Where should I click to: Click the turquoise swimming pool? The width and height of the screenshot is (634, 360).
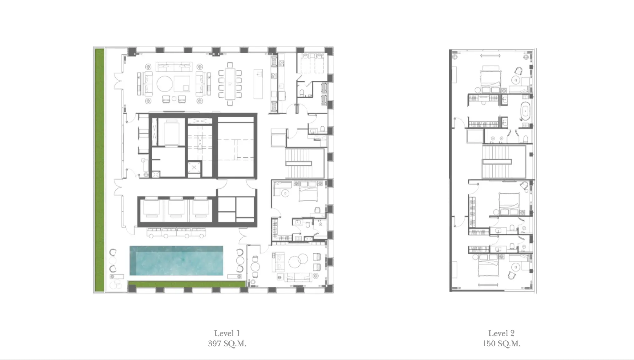176,260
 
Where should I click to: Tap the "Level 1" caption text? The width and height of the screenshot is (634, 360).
227,333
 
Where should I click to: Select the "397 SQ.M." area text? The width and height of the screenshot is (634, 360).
227,344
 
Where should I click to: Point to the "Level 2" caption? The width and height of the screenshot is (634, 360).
501,333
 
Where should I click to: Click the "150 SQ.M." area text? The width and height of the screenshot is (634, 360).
501,344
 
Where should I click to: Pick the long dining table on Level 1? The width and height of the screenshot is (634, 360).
230,84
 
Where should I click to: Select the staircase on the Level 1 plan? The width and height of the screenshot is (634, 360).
299,163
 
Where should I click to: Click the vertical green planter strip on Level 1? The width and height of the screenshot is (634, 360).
100,170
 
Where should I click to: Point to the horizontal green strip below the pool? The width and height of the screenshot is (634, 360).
187,284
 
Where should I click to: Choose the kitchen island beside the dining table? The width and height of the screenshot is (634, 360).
258,84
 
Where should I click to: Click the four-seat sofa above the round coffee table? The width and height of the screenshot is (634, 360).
173,67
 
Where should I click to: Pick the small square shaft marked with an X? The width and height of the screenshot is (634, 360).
194,168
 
